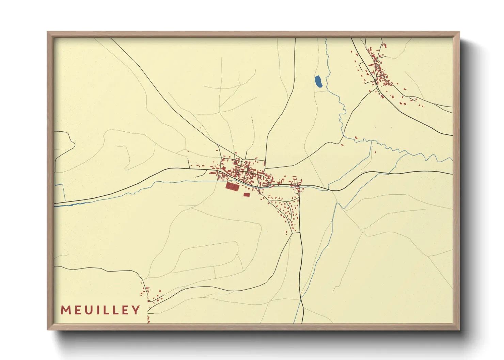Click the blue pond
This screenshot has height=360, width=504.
(319, 82)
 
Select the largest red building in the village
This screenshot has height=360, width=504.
(232, 186)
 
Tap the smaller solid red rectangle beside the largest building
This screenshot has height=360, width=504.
(247, 195)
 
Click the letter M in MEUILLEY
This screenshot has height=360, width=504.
(65, 310)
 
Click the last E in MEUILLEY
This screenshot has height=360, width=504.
(125, 310)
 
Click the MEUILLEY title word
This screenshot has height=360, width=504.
(100, 310)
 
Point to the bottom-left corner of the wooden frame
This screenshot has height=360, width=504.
(48, 329)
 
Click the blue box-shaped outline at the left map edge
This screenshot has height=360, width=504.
(60, 193)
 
